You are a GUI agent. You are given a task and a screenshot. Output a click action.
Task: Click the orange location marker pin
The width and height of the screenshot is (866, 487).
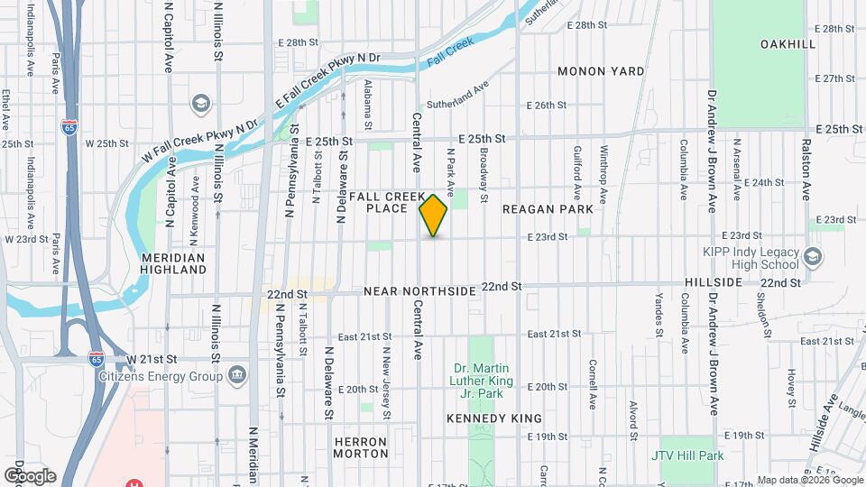[434, 216]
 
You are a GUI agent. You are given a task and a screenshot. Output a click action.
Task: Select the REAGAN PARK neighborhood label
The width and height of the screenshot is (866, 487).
[548, 209]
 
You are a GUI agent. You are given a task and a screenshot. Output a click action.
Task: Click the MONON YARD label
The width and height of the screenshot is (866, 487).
[601, 71]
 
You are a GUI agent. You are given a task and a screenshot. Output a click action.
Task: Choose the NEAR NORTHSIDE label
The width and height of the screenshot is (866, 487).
[419, 292]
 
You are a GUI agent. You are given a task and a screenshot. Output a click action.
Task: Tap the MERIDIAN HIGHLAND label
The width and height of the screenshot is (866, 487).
[174, 262]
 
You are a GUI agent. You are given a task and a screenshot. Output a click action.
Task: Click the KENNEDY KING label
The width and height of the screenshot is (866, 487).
[494, 418]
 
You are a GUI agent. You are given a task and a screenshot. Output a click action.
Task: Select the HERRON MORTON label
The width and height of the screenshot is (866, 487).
[360, 448]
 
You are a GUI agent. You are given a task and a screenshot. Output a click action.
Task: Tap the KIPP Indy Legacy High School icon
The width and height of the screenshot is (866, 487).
[813, 258]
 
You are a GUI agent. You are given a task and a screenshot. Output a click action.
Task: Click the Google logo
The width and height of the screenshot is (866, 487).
[29, 475]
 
